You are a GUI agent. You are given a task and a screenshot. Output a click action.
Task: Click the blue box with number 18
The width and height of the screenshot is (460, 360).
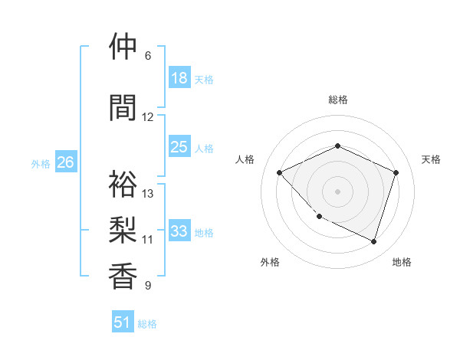pyautogui.click(x=179, y=77)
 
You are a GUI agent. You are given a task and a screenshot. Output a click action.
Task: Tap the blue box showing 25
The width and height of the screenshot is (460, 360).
pyautogui.click(x=179, y=147)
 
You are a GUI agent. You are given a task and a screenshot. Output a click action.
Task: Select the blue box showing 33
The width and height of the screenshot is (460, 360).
pyautogui.click(x=179, y=231)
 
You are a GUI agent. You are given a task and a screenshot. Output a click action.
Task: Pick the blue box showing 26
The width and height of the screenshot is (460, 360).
pyautogui.click(x=66, y=162)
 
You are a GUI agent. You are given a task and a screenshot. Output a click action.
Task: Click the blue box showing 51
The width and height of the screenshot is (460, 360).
pyautogui.click(x=123, y=322)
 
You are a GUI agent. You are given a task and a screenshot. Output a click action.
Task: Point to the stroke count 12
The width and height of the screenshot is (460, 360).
pyautogui.click(x=148, y=117)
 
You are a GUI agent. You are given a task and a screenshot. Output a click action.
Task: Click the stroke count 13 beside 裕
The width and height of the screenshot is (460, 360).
pyautogui.click(x=148, y=193)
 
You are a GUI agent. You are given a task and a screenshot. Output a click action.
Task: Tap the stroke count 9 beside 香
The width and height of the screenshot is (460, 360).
pyautogui.click(x=148, y=286)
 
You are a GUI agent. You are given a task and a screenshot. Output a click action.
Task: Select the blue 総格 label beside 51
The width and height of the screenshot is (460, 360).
pyautogui.click(x=147, y=324)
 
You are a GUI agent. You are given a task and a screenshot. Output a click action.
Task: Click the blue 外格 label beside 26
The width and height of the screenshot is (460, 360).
pyautogui.click(x=41, y=163)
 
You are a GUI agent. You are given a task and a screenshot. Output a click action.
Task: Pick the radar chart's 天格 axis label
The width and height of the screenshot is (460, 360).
pyautogui.click(x=432, y=159)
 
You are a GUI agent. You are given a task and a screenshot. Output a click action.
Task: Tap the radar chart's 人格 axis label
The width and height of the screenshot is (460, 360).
pyautogui.click(x=245, y=159)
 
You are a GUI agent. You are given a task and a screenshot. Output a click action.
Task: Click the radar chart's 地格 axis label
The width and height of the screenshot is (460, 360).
pyautogui.click(x=402, y=262)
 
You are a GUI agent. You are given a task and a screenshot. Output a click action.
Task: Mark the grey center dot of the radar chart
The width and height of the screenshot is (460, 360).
pyautogui.click(x=337, y=191)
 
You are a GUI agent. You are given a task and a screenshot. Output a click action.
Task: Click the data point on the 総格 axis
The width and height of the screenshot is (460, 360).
pyautogui.click(x=337, y=146)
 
